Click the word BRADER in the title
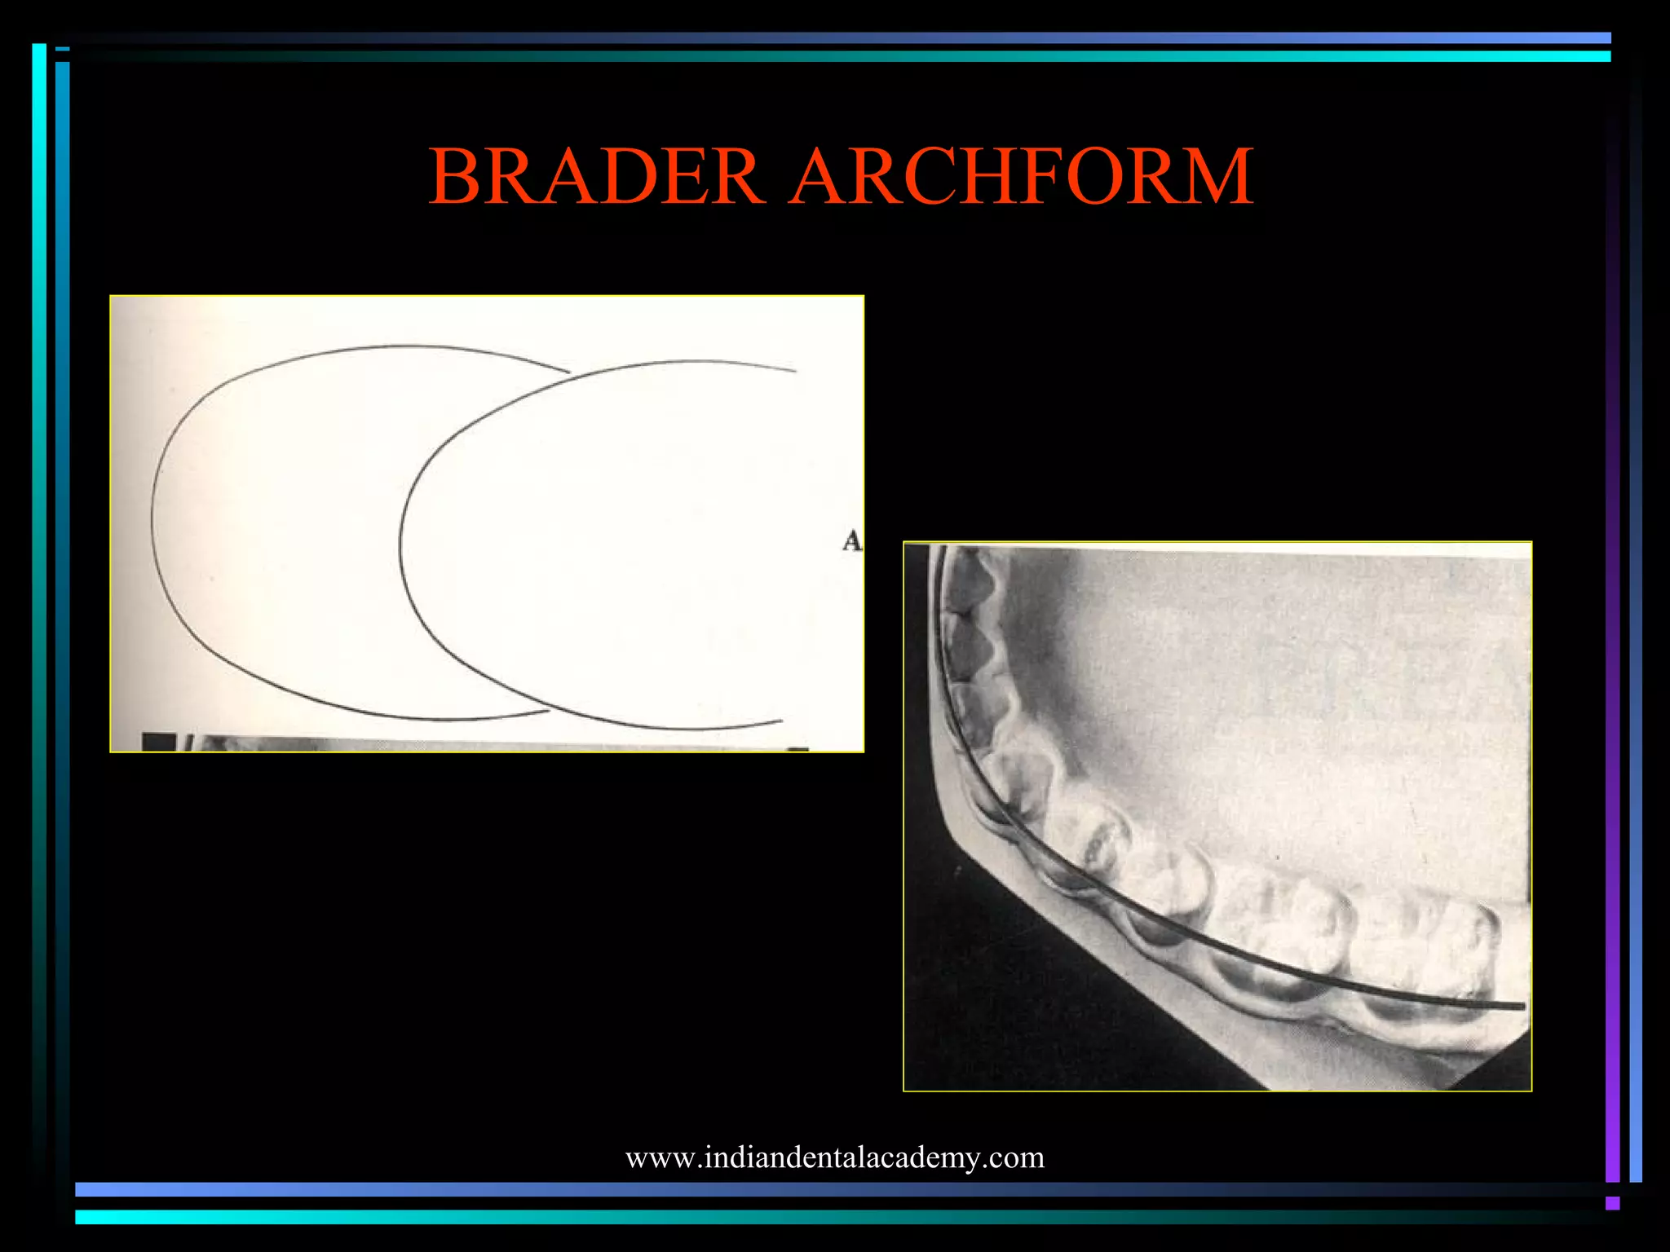596,177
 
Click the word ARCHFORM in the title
1023,177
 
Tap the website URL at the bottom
834,1157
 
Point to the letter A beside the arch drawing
851,541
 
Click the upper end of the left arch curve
568,373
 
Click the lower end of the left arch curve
548,712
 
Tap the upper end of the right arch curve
795,371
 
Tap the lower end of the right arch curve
781,721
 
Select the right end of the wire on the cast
1522,1007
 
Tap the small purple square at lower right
1612,1203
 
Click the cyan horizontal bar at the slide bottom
815,1217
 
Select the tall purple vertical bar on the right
1612,652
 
